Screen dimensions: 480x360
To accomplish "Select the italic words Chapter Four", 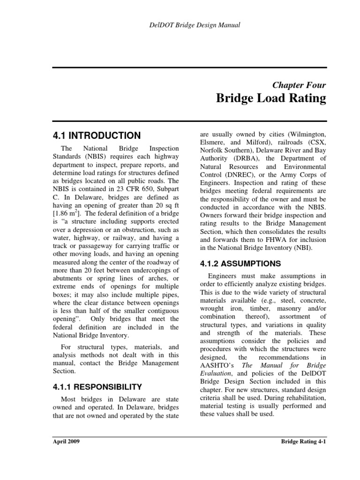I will pyautogui.click(x=299, y=85).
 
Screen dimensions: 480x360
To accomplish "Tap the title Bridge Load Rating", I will pyautogui.click(x=270, y=99).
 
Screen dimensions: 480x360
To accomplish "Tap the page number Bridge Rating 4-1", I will pyautogui.click(x=303, y=442).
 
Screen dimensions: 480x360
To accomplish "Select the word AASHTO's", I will pyautogui.click(x=218, y=365).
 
